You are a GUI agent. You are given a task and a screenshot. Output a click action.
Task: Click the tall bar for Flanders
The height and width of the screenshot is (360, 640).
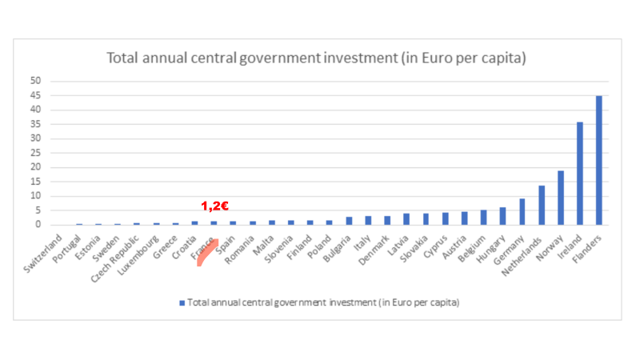pyautogui.click(x=599, y=160)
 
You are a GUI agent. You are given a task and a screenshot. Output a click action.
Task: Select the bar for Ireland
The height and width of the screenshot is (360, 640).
pyautogui.click(x=580, y=174)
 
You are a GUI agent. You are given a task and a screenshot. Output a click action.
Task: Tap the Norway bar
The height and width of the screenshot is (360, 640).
pyautogui.click(x=561, y=198)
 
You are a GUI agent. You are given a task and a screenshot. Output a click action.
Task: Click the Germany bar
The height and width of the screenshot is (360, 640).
pyautogui.click(x=522, y=212)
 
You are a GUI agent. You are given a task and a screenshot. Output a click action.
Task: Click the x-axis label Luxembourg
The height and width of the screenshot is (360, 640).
pyautogui.click(x=140, y=251)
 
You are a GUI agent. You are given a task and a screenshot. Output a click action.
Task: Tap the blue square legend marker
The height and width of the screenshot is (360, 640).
pyautogui.click(x=182, y=303)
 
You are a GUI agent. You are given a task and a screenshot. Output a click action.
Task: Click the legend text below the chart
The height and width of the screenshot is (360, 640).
pyautogui.click(x=323, y=303)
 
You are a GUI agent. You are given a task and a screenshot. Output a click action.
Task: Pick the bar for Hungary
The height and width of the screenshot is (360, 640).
pyautogui.click(x=503, y=216)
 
